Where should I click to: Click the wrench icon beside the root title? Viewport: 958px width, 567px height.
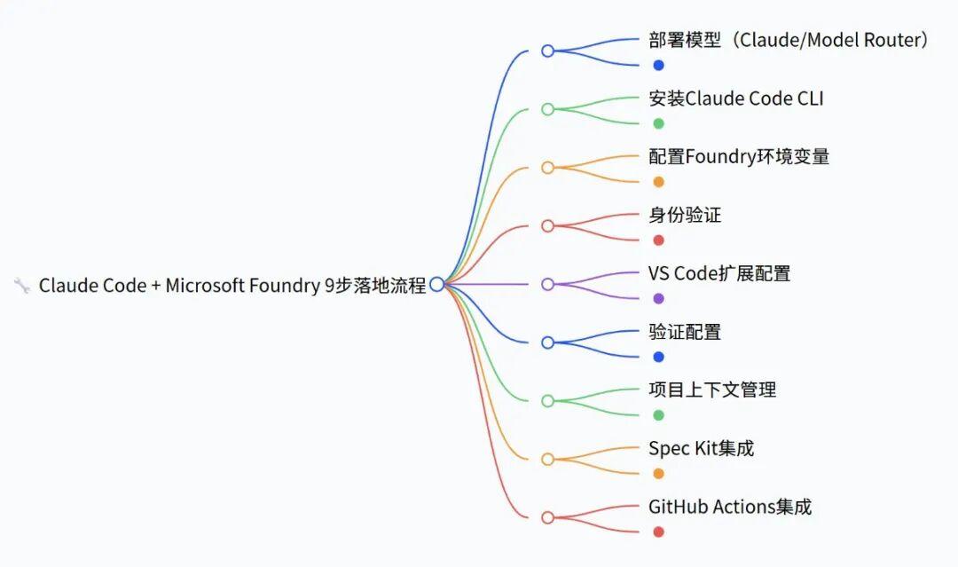coord(22,285)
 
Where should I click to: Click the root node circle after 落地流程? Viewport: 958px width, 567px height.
coord(436,284)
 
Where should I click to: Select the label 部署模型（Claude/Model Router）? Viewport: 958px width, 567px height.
coord(789,40)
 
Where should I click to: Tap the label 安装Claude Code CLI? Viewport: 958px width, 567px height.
coord(735,98)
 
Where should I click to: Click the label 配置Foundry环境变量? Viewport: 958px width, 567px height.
coord(739,157)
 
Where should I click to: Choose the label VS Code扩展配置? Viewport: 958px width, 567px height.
coord(718,273)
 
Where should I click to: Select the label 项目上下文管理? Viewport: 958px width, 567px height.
coord(712,390)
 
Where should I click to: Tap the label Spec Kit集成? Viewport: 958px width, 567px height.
coord(701,448)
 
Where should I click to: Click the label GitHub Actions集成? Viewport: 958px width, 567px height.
coord(729,507)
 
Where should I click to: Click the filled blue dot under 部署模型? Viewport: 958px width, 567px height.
coord(658,65)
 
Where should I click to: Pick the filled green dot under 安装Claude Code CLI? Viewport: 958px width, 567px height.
coord(658,123)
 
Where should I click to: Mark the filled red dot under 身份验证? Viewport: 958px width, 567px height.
coord(658,240)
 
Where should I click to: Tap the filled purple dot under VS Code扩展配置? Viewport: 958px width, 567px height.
coord(658,298)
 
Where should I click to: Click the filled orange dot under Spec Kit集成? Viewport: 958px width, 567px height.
coord(658,473)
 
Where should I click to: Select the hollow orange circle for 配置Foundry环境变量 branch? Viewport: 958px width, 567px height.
coord(547,168)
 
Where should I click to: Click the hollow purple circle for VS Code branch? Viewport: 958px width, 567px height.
coord(547,284)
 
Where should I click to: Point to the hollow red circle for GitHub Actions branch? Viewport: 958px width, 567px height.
coord(547,517)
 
